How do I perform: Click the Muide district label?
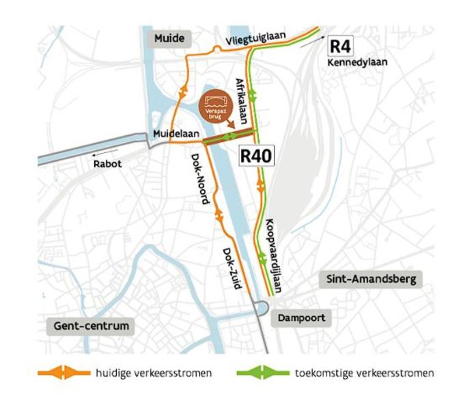tap(168, 38)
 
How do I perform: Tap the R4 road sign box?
tap(341, 46)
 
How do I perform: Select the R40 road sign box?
tap(257, 156)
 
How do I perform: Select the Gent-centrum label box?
tap(91, 326)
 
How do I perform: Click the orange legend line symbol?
tap(64, 373)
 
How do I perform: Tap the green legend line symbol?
tap(262, 373)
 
